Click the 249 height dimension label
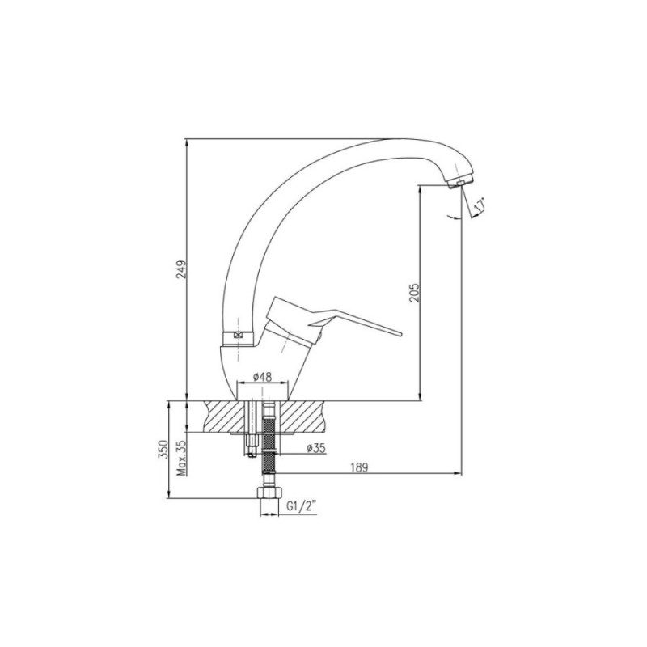click(181, 269)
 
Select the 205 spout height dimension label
click(414, 292)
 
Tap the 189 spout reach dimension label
click(359, 467)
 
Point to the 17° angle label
click(480, 205)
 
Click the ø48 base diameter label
click(262, 377)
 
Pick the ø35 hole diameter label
click(316, 448)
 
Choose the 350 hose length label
click(164, 449)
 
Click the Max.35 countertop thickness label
click(182, 458)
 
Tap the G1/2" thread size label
click(302, 506)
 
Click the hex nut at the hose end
click(269, 493)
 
